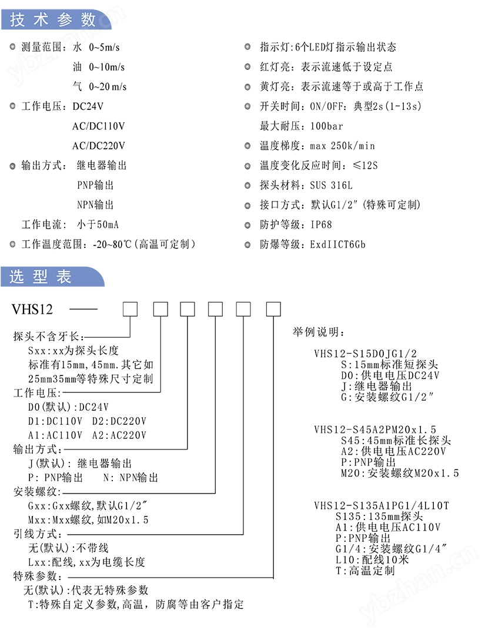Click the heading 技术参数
coord(52,19)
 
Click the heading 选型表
coord(41,277)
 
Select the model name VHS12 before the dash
coord(32,309)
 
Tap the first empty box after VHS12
coord(131,309)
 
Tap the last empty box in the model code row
coord(273,309)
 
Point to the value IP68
coord(321,224)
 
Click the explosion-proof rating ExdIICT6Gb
coord(338,244)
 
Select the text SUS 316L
coord(332,185)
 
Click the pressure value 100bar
coord(326,126)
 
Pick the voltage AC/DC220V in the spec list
coord(99,146)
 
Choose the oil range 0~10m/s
coord(107,67)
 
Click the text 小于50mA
coord(98,224)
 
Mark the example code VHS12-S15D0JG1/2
coord(365,353)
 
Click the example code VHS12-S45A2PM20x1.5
coord(375,430)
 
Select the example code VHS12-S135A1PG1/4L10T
coord(382,505)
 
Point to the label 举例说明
coord(318,332)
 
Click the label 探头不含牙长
coord(48,336)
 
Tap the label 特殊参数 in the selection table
coord(37,576)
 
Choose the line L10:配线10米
coord(372,559)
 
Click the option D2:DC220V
coord(119,421)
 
